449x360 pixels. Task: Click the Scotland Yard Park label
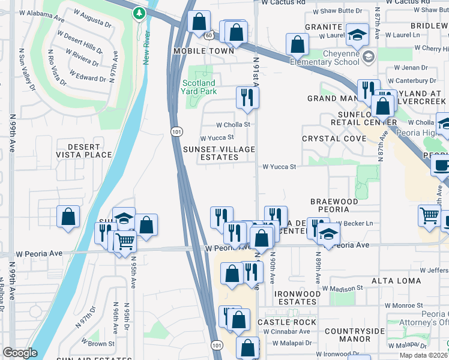coord(198,87)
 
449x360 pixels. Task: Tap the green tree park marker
coord(140,13)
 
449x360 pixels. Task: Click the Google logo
coord(20,353)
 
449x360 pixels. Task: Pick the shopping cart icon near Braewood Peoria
coord(429,215)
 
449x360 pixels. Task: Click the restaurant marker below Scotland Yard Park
coord(247,96)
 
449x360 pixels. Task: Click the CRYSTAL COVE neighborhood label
coord(334,139)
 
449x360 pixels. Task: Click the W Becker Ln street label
coord(355,223)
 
